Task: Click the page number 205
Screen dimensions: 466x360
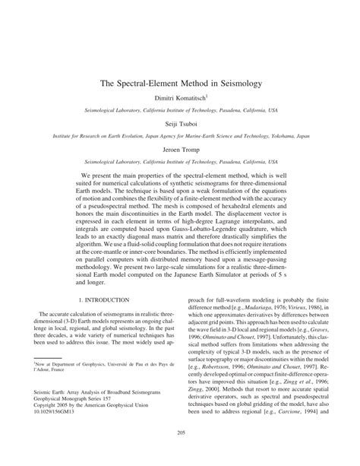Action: coord(180,455)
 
